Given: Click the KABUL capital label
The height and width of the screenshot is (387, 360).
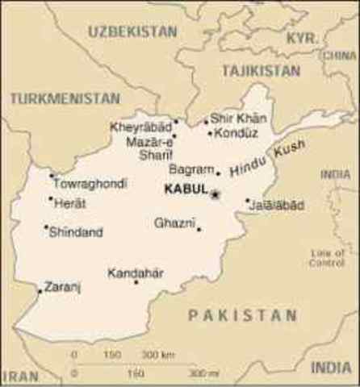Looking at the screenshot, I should pos(185,191).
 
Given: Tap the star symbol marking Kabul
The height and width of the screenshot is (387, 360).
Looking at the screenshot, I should pos(216,193).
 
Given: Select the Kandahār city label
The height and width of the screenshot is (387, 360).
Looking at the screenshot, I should pos(136,273).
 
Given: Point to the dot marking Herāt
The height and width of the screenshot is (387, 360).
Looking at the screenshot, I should pos(50,198).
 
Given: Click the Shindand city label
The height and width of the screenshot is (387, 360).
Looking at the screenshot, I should pos(76,232).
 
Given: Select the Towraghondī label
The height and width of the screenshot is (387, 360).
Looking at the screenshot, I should pos(90,184).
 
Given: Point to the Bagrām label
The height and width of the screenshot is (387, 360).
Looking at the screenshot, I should pos(191,169).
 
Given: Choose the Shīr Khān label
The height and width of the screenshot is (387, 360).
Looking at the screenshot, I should pos(238,119).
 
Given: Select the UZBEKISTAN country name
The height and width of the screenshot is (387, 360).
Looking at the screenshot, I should pos(132,31).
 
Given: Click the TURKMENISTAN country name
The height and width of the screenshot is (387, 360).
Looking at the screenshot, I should pos(64,98).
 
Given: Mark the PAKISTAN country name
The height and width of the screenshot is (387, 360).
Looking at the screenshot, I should pos(243,315).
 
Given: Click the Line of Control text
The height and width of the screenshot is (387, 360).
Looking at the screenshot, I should pos(326,258).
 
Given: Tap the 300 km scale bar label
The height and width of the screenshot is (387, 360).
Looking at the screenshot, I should pos(158,355).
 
